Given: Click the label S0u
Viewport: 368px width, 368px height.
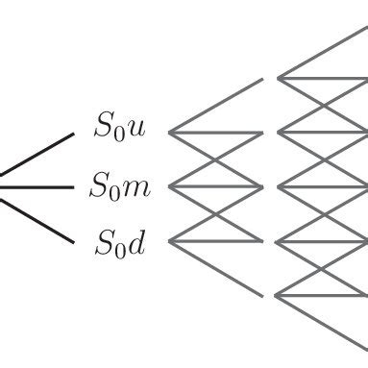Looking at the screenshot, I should tap(120, 127).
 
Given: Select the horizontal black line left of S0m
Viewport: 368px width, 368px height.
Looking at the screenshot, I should tap(38, 186).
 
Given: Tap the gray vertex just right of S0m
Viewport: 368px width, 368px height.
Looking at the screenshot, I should tap(170, 186).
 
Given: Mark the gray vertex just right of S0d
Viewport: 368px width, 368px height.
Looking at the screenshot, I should tap(170, 240).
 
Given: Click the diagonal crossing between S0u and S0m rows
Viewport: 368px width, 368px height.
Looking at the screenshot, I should tap(216, 159).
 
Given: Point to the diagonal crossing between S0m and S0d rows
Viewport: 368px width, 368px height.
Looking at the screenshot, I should tap(216, 213).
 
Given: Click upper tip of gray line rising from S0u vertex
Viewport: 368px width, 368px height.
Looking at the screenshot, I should tap(261, 78).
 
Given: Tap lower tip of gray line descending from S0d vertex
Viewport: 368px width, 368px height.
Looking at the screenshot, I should tap(261, 294).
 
